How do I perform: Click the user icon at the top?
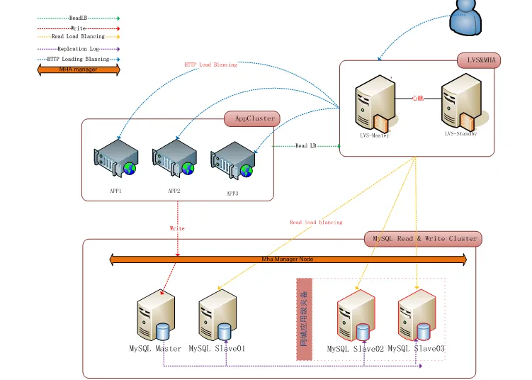tap(469, 16)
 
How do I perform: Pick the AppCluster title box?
tap(251, 118)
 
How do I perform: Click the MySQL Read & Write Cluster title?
tap(423, 239)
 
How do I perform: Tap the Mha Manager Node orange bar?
tap(288, 259)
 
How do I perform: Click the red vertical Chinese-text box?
tap(304, 319)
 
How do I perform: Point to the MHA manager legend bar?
tap(79, 69)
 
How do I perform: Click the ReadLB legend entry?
tap(79, 18)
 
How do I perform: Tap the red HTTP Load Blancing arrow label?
tap(210, 65)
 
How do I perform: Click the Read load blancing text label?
tap(316, 222)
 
